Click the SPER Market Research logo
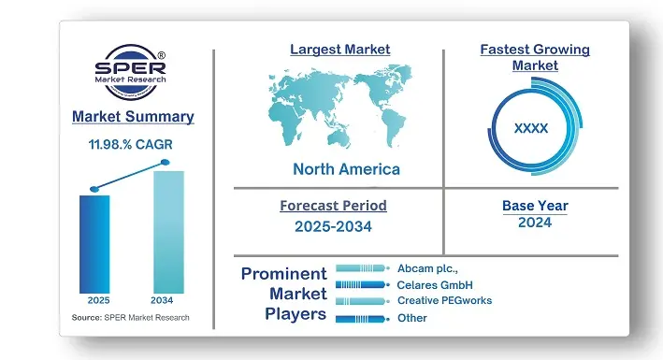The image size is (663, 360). click(133, 73)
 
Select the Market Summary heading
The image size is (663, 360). click(133, 117)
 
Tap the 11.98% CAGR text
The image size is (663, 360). click(132, 145)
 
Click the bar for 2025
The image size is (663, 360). click(94, 243)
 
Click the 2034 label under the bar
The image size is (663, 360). click(164, 300)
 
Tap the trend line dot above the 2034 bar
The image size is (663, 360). click(166, 163)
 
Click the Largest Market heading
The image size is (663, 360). click(340, 49)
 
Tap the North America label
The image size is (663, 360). click(346, 169)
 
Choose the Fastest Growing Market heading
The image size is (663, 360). click(535, 57)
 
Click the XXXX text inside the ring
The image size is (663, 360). click(531, 129)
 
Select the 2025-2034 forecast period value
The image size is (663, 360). click(333, 226)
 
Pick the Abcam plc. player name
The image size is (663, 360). click(426, 267)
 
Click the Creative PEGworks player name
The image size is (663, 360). click(444, 300)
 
